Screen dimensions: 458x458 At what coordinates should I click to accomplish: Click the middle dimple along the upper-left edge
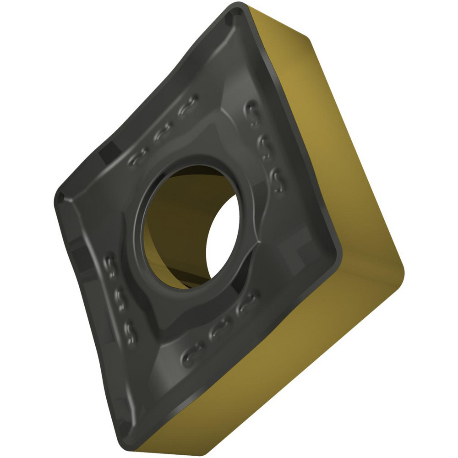[163, 133]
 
